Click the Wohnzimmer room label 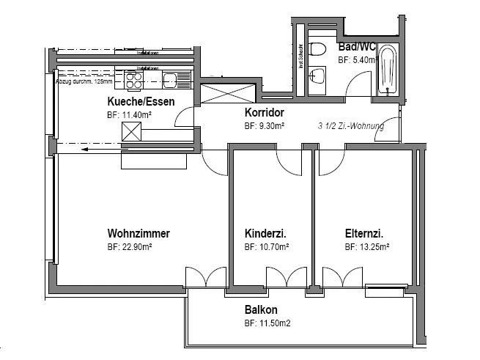coord(139,234)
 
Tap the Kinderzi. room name coord(265,234)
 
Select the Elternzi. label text coord(364,234)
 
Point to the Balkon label coord(261,310)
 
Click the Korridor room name coord(264,113)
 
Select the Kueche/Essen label coord(141,101)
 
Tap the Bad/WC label coord(357,47)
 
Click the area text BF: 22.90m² coord(130,248)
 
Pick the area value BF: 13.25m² coord(366,248)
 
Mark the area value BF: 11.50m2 coord(268,323)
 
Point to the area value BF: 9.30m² coord(265,126)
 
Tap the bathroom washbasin coord(318,74)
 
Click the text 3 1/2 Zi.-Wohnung coord(351,126)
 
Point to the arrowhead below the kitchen coord(86,149)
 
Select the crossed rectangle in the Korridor coord(229,93)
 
